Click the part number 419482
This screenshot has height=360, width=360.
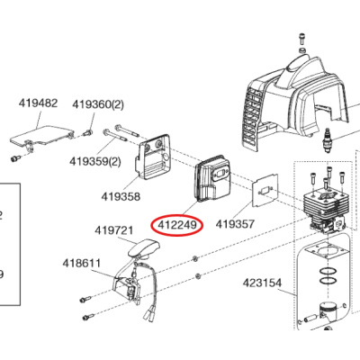38,103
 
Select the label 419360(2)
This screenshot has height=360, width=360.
98,104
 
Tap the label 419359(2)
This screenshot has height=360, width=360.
95,161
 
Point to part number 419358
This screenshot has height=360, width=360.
121,197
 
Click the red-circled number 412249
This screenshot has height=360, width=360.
177,225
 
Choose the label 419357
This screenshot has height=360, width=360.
235,224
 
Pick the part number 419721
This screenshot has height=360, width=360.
114,230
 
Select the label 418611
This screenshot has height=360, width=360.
82,264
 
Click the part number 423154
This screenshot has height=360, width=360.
262,283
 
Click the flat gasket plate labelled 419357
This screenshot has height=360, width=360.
265,190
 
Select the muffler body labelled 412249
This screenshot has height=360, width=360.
212,178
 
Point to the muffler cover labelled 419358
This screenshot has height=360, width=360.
154,157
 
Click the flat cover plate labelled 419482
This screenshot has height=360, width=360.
41,136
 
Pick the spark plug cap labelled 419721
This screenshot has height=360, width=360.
143,248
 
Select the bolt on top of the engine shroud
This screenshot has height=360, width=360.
301,39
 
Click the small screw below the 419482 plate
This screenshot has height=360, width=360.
15,158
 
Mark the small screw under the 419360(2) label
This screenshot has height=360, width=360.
87,132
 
